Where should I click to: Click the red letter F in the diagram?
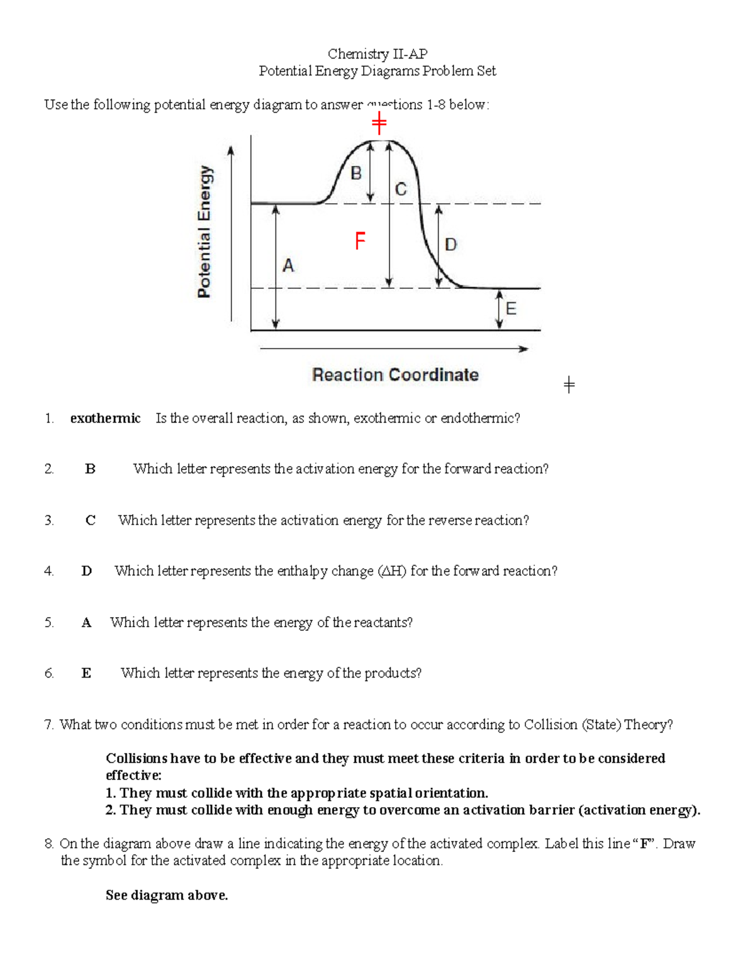coord(360,240)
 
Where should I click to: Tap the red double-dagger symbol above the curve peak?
coord(379,123)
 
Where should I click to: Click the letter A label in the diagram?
coord(288,265)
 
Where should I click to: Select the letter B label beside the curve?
coord(356,173)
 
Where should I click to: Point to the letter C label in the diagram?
coord(401,189)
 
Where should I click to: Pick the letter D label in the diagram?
coord(450,244)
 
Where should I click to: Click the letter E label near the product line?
coord(511,308)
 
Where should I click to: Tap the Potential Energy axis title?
coord(204,232)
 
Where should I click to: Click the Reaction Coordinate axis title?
coord(395,375)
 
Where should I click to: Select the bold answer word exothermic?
coord(105,418)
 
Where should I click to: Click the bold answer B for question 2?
coord(90,469)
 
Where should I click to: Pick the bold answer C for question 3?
coord(91,520)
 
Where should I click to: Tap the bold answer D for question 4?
coord(87,571)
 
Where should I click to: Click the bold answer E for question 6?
coord(86,673)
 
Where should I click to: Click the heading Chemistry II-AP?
coord(377,54)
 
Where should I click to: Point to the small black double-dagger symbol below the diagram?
coord(569,384)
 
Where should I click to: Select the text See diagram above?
coord(167,895)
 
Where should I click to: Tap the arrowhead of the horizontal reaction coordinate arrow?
coord(523,349)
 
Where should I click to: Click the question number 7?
coord(49,725)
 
